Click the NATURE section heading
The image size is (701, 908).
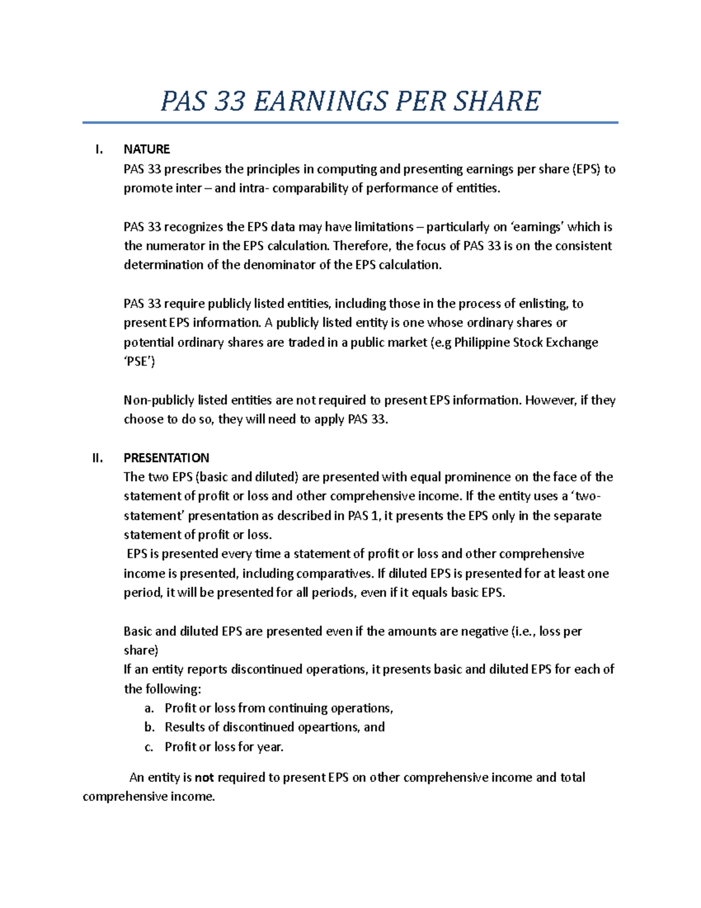tap(147, 150)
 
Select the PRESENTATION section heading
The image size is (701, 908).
tap(166, 458)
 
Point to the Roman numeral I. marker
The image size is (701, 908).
tap(99, 150)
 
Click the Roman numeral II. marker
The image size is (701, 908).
tap(98, 458)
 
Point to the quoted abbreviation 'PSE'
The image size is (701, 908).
tap(139, 362)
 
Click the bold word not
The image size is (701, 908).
tap(204, 778)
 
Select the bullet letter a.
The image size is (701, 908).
tap(149, 709)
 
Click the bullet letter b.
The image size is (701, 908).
tap(149, 727)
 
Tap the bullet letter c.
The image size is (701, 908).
tap(149, 747)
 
